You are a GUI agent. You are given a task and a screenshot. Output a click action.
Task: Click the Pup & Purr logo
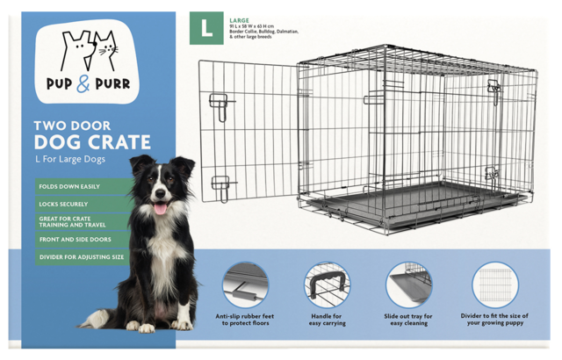point(87,61)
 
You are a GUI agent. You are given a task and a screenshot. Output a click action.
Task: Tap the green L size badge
point(206,29)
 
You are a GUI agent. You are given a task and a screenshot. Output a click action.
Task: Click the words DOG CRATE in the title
point(92,142)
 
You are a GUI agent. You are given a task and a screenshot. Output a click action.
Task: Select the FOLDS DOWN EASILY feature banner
point(69,187)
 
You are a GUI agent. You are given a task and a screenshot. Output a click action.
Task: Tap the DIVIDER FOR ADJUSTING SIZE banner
point(82,257)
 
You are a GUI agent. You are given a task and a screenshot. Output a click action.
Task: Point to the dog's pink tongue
point(160,208)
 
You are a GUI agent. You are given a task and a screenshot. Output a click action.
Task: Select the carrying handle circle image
point(327,284)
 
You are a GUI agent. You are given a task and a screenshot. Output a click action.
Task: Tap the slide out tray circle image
point(408,284)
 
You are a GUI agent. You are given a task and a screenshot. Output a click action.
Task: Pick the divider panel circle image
point(495,284)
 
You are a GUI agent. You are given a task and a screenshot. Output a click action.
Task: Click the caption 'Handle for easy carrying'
point(328,320)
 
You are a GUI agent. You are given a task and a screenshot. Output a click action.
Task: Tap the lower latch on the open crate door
point(221,188)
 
